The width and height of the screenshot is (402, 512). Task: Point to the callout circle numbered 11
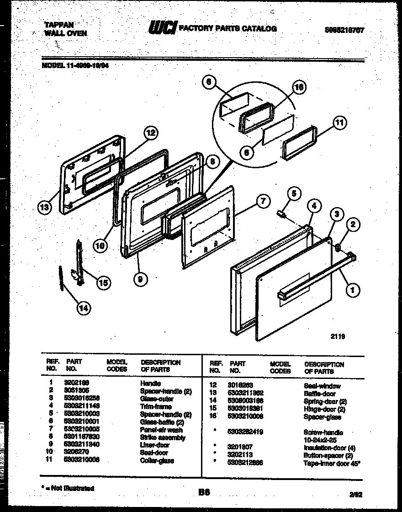(x=339, y=122)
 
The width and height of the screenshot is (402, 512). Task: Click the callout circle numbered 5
(x=294, y=193)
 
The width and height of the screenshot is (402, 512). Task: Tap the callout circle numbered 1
(x=352, y=288)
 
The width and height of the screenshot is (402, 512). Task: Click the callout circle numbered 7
(x=262, y=202)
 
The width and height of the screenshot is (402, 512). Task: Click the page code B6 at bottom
(x=204, y=492)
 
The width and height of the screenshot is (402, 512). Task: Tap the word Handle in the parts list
(x=150, y=383)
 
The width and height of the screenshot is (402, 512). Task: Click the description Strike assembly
(x=162, y=437)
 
